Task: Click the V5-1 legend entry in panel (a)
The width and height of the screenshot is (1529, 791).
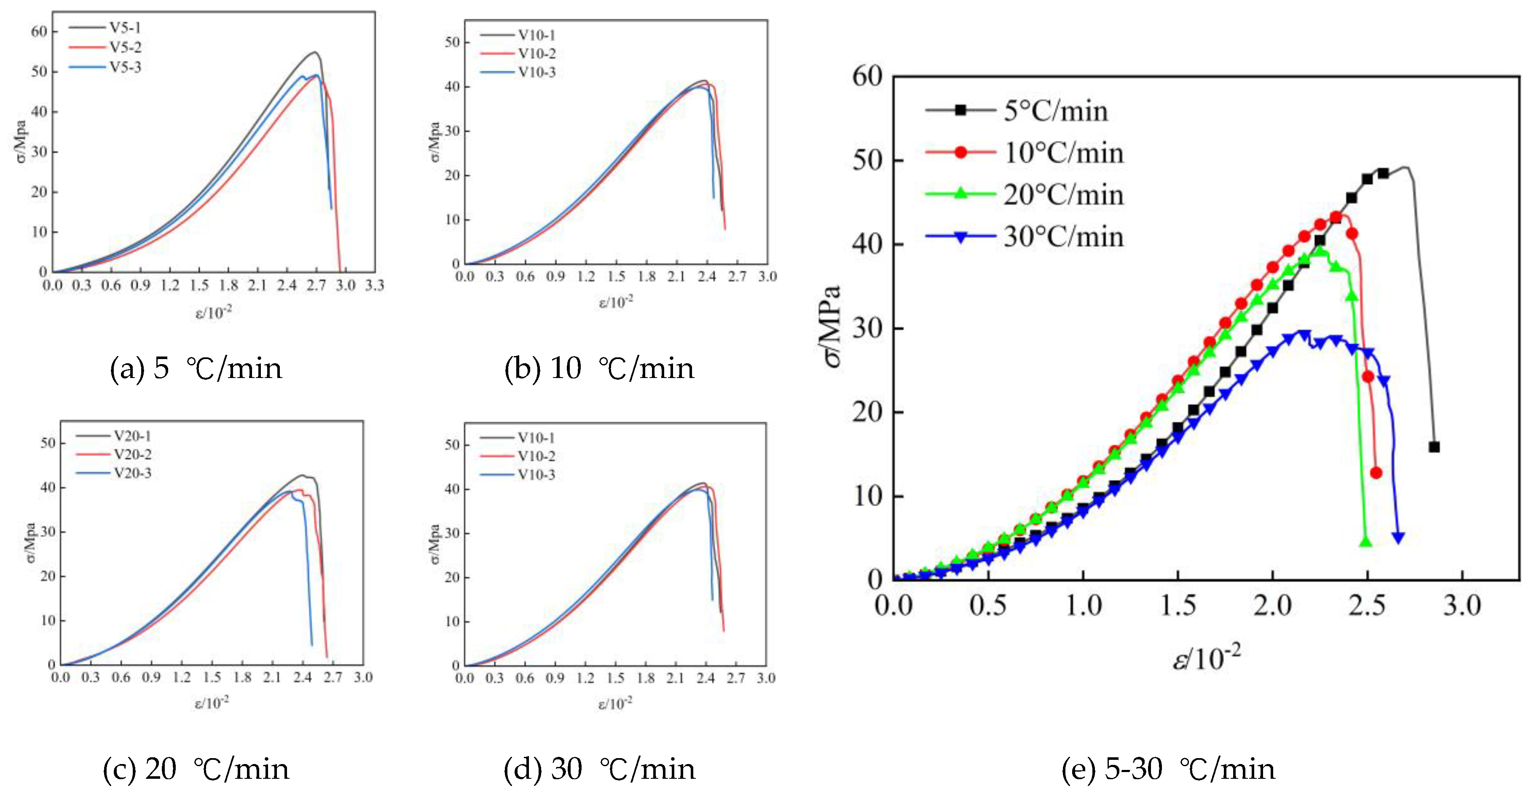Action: (x=125, y=27)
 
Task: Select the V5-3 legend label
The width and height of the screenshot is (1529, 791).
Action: (x=125, y=67)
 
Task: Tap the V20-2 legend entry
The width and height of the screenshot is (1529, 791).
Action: (x=132, y=455)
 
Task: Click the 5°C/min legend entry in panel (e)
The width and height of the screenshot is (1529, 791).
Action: (x=1055, y=111)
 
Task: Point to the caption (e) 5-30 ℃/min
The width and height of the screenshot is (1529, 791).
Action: (x=1167, y=770)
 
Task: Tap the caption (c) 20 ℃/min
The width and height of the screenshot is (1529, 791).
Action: (x=196, y=770)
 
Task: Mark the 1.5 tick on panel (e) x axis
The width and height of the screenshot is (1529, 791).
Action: (x=1178, y=606)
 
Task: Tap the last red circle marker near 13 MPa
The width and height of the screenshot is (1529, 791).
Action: (x=1376, y=473)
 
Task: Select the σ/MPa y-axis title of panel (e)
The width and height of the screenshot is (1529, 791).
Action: (x=832, y=326)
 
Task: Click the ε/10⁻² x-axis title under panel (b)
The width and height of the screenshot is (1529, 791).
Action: (x=615, y=302)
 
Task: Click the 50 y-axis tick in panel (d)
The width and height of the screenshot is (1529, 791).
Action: (x=452, y=445)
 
